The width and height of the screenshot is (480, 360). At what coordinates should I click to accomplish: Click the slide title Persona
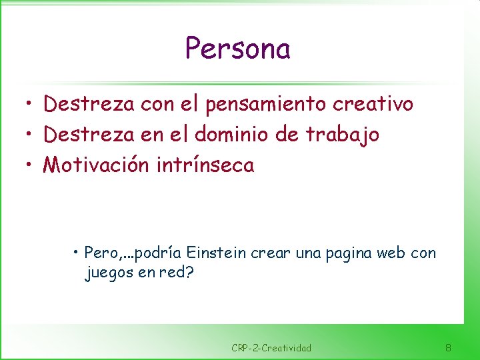(x=237, y=49)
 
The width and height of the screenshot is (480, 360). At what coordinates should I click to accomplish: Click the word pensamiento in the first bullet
(x=257, y=104)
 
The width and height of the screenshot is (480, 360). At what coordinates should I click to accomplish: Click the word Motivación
(x=96, y=165)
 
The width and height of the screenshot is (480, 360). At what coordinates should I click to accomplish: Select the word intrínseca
(x=205, y=165)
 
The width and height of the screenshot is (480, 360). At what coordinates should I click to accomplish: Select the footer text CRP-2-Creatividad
(x=271, y=348)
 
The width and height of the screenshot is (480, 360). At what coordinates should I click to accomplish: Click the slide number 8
(x=448, y=347)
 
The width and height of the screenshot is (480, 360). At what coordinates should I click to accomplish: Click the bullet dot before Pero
(x=78, y=253)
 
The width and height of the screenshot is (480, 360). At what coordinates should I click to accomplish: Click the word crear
(x=268, y=253)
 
